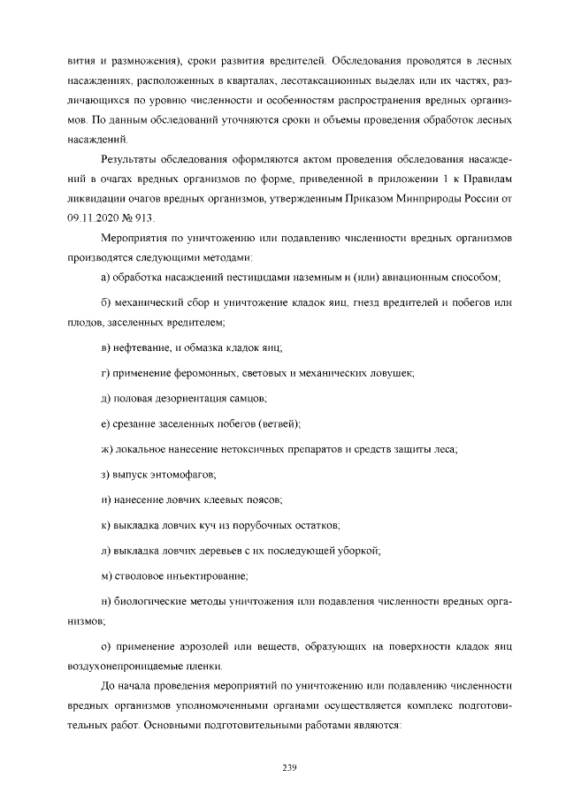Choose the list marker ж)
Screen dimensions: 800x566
108,450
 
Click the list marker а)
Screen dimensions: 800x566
106,278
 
